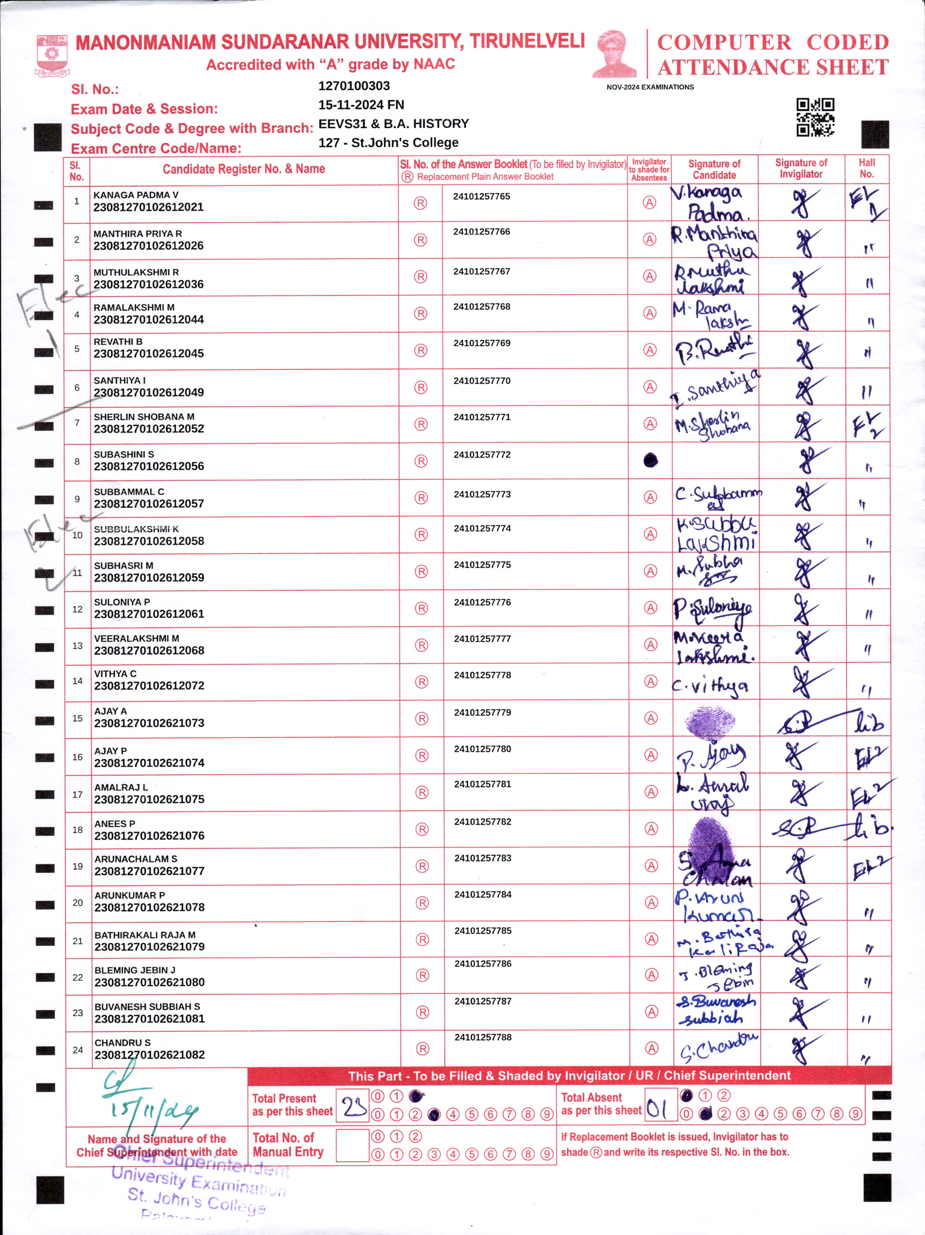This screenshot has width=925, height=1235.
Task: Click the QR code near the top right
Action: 815,117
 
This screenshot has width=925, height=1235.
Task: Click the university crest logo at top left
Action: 52,55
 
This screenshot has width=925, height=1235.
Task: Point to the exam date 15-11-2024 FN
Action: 361,105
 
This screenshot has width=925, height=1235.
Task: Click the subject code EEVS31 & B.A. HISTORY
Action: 393,124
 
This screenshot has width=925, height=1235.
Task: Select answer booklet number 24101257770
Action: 482,381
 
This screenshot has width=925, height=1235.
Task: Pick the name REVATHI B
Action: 118,342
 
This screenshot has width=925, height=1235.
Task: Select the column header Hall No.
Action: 866,168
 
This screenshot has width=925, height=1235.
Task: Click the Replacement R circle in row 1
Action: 420,203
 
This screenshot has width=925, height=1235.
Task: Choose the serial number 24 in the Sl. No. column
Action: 78,1050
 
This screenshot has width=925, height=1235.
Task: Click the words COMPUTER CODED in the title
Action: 773,43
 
